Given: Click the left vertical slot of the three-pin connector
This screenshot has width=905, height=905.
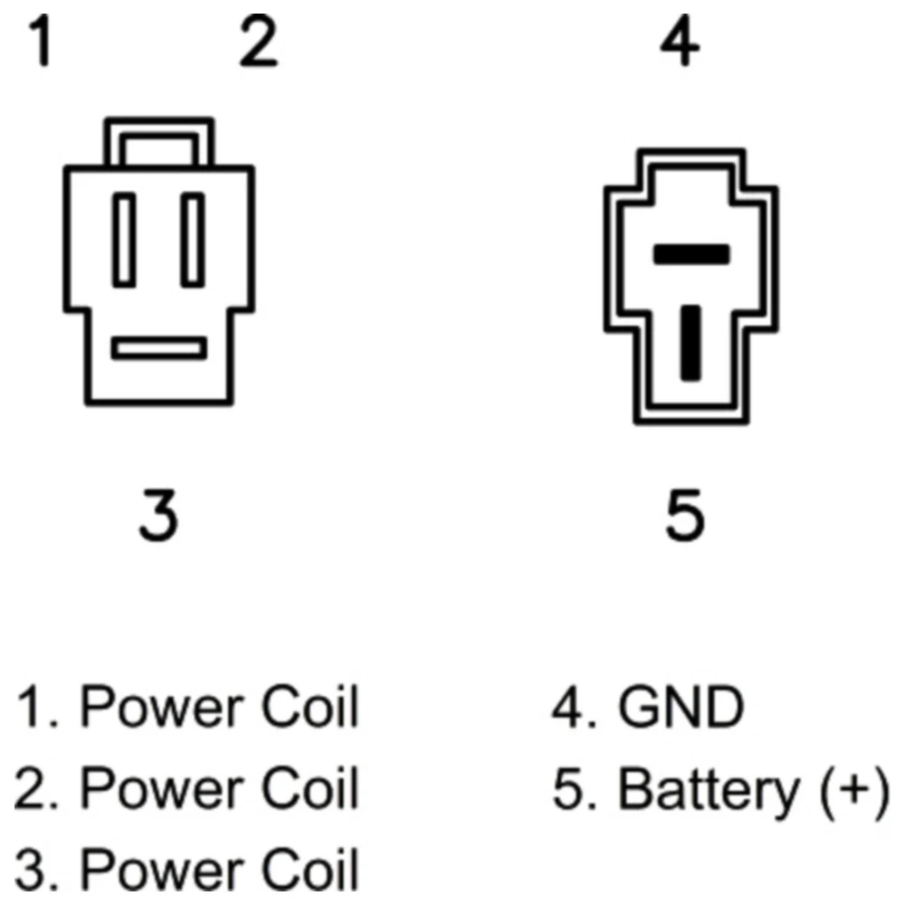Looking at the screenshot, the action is tap(124, 240).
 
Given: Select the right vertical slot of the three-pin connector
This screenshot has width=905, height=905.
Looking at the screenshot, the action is tap(193, 240).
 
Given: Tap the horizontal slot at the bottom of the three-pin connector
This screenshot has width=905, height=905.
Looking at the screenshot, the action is tap(159, 348).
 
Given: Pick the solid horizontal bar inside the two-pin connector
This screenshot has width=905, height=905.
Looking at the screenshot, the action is tap(691, 254).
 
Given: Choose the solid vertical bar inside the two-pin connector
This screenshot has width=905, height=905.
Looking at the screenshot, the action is tap(691, 343).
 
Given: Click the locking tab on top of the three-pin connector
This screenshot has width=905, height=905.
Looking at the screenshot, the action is tap(158, 142).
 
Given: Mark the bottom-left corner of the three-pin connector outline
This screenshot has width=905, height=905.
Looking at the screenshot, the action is tap(88, 403).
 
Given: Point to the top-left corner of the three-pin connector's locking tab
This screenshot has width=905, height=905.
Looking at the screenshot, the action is tap(106, 120).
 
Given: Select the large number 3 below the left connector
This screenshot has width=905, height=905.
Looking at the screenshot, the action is tap(158, 516).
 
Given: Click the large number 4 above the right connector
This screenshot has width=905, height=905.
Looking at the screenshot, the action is tap(681, 41).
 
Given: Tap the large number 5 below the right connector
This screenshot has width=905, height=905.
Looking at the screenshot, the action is tap(685, 516).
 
